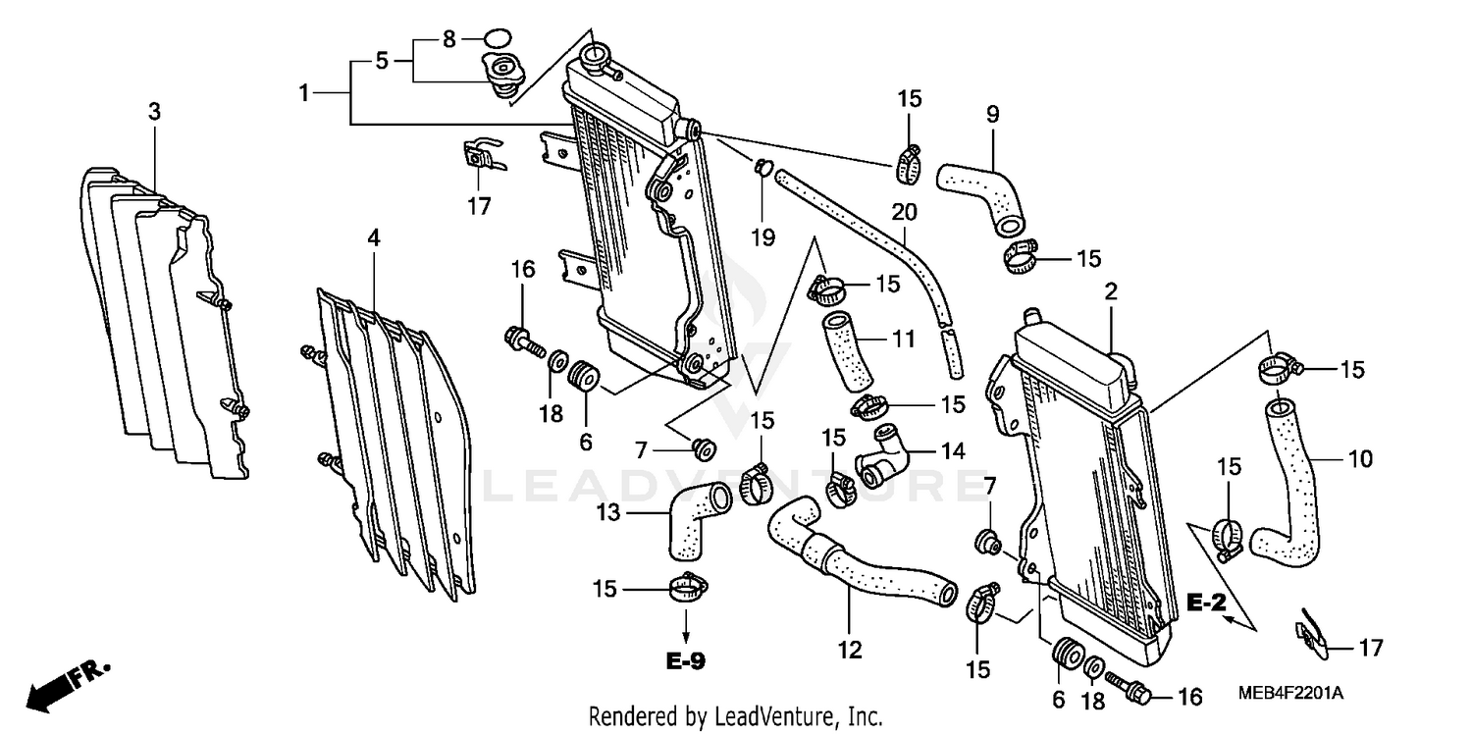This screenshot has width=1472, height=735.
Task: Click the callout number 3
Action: (x=154, y=112)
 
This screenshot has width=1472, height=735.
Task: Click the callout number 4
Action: (x=374, y=237)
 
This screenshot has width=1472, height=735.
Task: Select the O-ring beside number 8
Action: (x=499, y=40)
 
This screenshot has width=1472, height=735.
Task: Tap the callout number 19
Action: (x=763, y=236)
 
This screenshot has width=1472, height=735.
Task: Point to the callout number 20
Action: (x=904, y=213)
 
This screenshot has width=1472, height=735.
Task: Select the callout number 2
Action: (x=1111, y=291)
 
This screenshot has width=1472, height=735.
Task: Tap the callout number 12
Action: (x=849, y=649)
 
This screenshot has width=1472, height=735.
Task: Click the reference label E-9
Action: (x=685, y=661)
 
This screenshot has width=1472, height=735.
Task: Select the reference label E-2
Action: (x=1206, y=604)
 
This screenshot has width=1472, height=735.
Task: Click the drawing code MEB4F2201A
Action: (x=1290, y=694)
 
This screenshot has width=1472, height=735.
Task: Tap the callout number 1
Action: (x=304, y=93)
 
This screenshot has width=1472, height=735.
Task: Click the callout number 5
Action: (x=382, y=61)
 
